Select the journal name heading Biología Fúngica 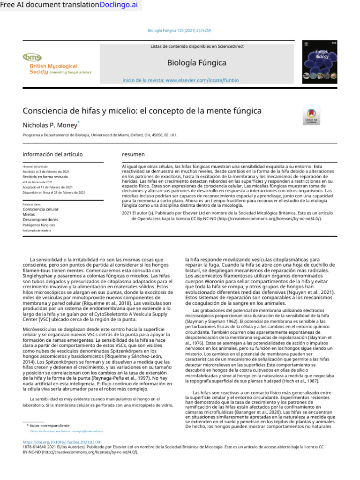coord(196,63)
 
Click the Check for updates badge coord(311,116)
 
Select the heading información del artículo coord(52,154)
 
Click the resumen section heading coord(133,154)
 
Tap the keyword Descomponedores coord(40,219)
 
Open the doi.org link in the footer coord(62,442)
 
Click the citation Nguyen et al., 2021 coord(317,291)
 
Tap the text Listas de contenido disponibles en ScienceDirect coord(197,46)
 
